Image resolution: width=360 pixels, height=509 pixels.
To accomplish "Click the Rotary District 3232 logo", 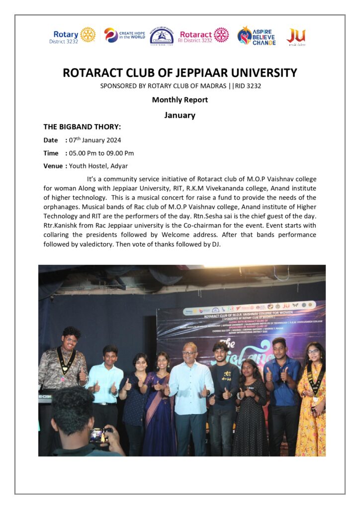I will [74, 35].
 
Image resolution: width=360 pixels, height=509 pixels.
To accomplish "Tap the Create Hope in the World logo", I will [124, 35].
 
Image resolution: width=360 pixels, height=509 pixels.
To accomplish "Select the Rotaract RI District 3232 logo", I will [204, 35].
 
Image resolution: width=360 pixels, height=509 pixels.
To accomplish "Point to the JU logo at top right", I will [296, 36].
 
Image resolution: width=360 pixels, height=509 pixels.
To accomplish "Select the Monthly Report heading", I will [180, 100].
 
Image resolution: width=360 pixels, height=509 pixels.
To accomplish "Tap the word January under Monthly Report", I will [180, 115].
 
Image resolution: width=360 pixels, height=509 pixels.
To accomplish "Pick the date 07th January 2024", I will [95, 140].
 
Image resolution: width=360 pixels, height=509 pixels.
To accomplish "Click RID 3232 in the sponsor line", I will [247, 86].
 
